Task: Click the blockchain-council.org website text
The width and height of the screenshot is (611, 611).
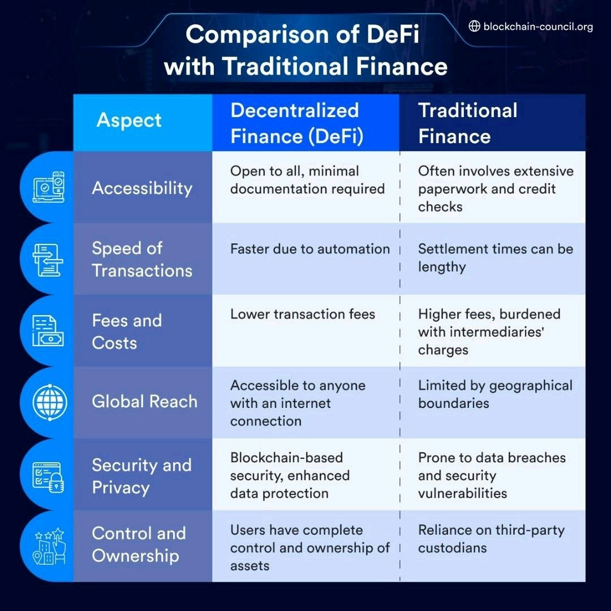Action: point(538,27)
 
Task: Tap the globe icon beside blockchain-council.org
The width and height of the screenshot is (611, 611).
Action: point(475,26)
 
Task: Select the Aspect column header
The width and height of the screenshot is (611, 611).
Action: point(129,121)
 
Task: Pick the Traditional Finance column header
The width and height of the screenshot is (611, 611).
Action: point(467,123)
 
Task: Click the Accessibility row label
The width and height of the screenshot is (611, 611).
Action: point(142,188)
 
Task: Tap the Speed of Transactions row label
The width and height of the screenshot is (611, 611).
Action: point(142,259)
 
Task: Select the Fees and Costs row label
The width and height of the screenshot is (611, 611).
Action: point(127,332)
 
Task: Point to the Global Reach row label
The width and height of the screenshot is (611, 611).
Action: point(144,402)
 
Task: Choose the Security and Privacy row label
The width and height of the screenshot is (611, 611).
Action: point(141,476)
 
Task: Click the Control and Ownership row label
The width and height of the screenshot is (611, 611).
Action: point(139,544)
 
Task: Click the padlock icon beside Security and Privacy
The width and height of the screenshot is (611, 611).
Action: point(55,482)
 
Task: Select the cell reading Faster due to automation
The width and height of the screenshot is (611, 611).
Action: point(309,249)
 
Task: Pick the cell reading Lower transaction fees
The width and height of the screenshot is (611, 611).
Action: point(303,314)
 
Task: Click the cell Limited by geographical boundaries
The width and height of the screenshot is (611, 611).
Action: point(495,394)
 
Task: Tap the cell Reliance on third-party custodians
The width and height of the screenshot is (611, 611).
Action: point(491,539)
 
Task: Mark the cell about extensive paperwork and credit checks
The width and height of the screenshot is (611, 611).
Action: point(496,188)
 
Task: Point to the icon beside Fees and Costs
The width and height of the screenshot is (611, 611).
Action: point(49,331)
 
